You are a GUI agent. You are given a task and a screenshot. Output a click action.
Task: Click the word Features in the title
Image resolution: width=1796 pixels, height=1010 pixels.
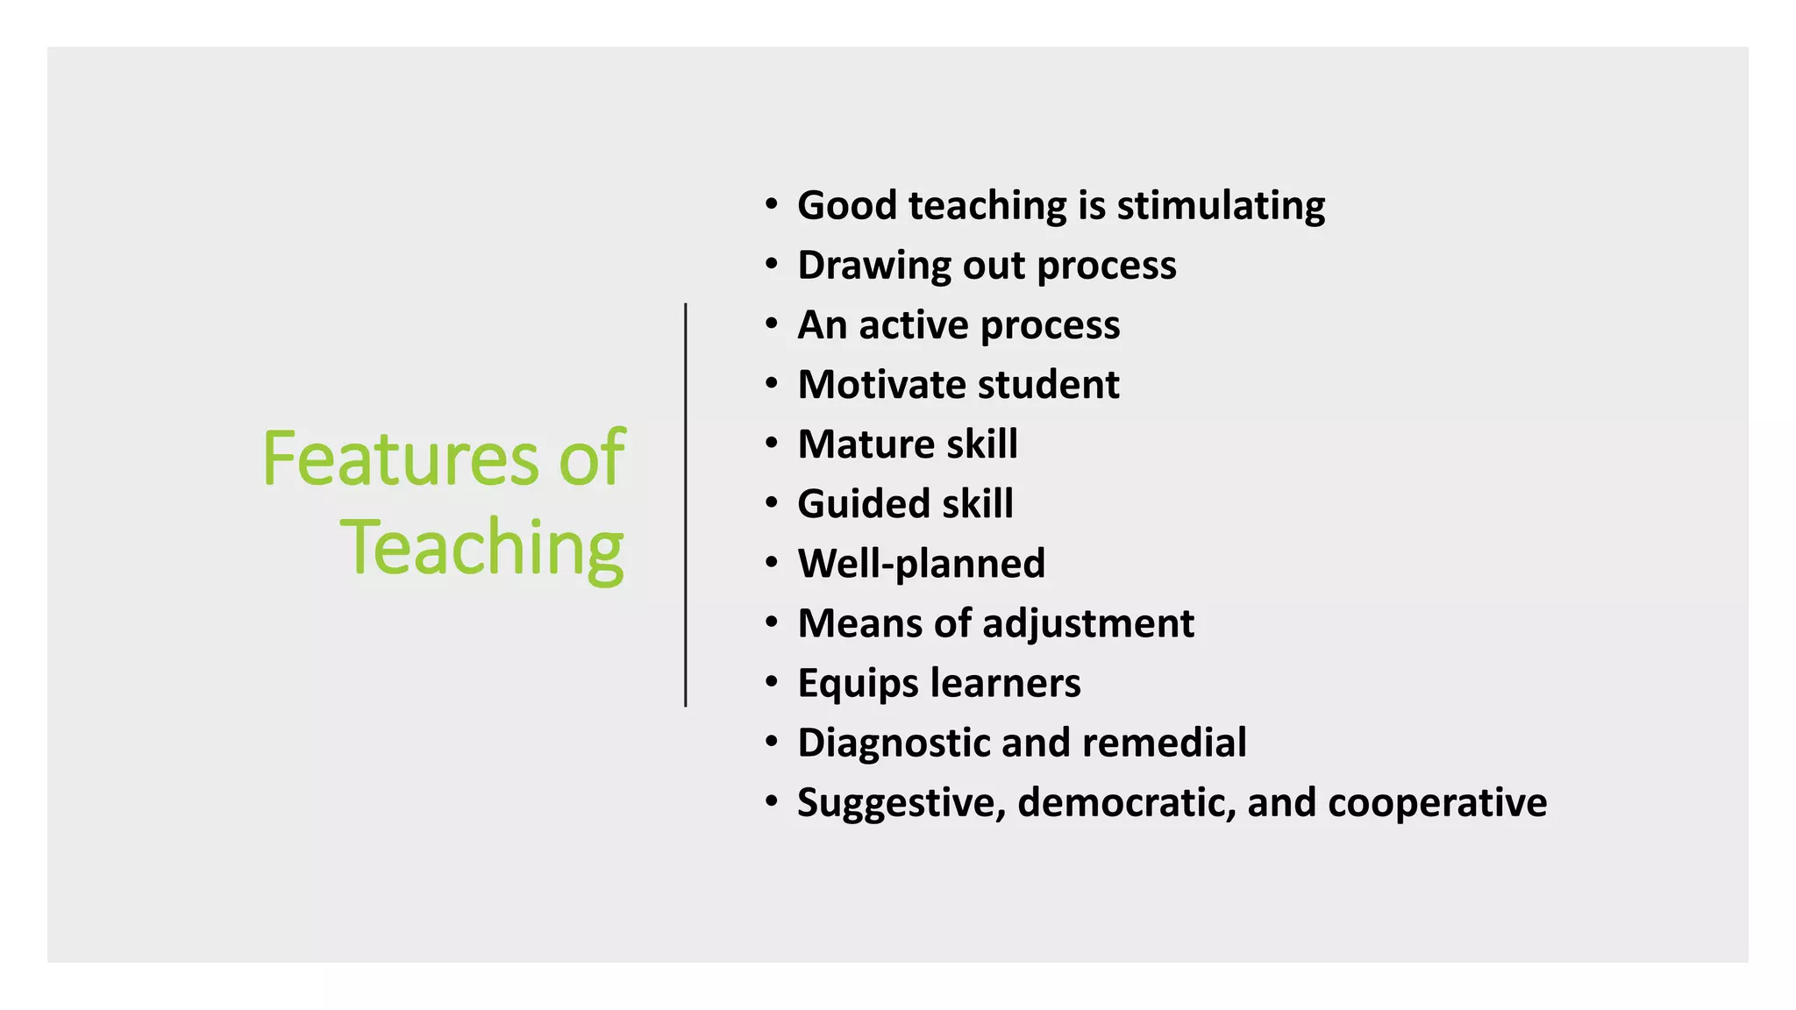pyautogui.click(x=400, y=459)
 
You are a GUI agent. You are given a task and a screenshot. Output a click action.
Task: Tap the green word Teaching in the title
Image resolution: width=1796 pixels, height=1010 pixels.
pyautogui.click(x=481, y=548)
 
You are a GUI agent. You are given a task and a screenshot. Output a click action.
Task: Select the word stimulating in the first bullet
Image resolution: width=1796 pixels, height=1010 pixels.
pyautogui.click(x=1221, y=206)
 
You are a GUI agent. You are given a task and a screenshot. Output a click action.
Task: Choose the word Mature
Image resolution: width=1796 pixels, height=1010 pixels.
pyautogui.click(x=865, y=445)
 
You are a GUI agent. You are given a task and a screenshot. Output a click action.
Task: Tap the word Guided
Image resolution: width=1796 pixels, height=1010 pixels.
pyautogui.click(x=863, y=504)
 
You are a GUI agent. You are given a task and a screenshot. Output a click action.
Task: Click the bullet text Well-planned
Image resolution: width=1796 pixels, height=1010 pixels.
pyautogui.click(x=921, y=564)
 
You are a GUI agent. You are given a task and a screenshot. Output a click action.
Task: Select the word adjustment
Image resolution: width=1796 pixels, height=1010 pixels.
pyautogui.click(x=1087, y=623)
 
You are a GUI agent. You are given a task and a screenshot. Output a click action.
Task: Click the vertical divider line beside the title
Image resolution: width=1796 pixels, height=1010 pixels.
pyautogui.click(x=685, y=504)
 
